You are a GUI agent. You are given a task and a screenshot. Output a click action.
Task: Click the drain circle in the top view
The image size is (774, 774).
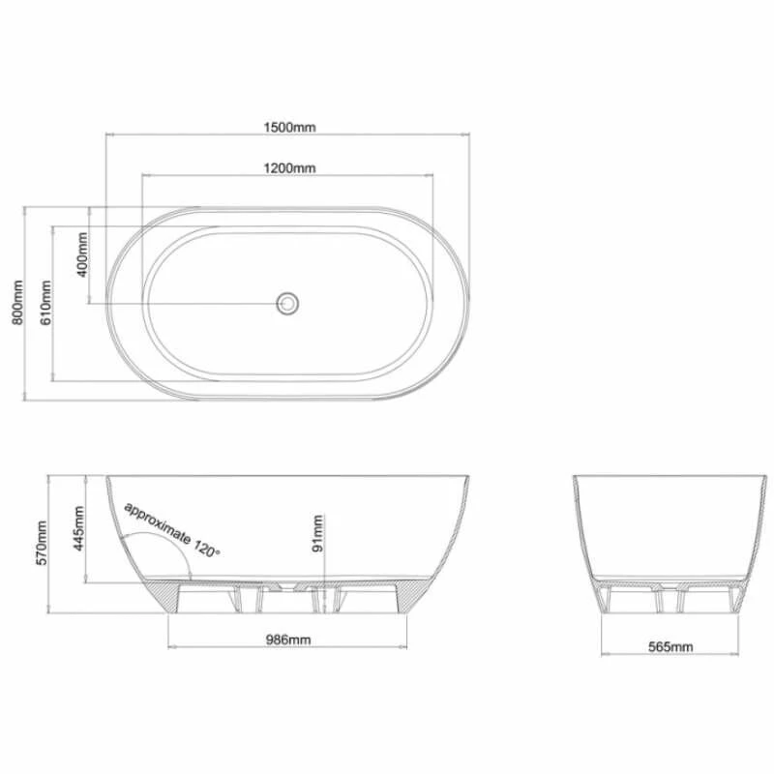click(x=287, y=303)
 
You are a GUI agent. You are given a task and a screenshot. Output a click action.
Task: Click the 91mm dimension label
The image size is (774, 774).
click(x=319, y=534)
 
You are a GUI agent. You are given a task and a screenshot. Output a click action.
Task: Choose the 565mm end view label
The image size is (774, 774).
click(x=670, y=646)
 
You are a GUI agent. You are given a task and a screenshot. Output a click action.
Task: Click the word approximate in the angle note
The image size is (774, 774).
click(x=156, y=520)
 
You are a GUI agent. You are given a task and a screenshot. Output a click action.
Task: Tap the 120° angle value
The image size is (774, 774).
click(x=206, y=548)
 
